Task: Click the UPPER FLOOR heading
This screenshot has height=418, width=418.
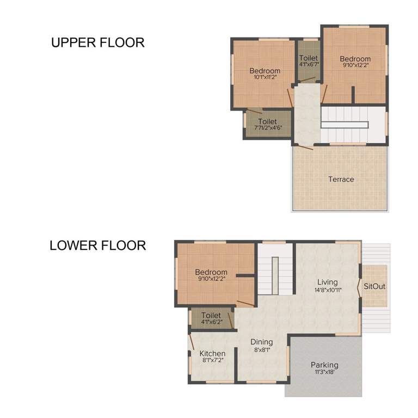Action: tap(98, 42)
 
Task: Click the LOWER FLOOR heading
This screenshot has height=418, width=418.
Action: tap(98, 245)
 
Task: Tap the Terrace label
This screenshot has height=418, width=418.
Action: tap(341, 179)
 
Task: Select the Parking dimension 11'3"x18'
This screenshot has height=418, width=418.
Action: tap(324, 373)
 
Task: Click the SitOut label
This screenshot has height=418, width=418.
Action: tap(374, 285)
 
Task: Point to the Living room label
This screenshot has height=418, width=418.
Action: tap(328, 282)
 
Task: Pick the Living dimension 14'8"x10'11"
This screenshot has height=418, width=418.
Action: tap(328, 290)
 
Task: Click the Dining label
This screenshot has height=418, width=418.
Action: tap(261, 342)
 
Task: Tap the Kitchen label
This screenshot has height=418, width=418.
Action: tap(212, 353)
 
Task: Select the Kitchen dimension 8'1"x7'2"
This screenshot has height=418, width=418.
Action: tap(212, 361)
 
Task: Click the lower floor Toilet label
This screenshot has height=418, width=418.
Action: tap(211, 315)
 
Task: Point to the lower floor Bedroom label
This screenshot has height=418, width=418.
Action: tap(211, 272)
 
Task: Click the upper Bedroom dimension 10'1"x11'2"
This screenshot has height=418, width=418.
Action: tap(265, 77)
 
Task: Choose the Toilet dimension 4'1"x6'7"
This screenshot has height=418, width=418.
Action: tap(309, 64)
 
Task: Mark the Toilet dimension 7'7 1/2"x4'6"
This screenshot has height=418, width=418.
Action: tap(268, 128)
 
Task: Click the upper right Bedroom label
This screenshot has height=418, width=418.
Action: tap(355, 59)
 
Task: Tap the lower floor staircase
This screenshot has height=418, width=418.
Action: tap(275, 269)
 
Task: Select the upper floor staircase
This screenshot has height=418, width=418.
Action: tap(344, 124)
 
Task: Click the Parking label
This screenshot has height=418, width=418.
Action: tap(324, 365)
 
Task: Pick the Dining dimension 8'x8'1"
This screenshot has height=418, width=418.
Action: tap(261, 349)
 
